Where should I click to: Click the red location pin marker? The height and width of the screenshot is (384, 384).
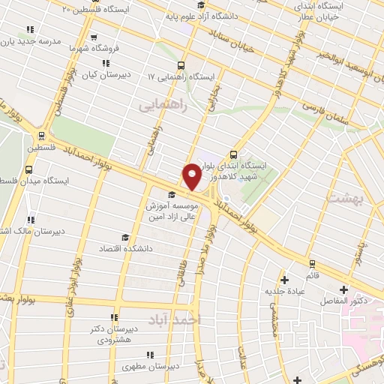coord(192,176)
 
